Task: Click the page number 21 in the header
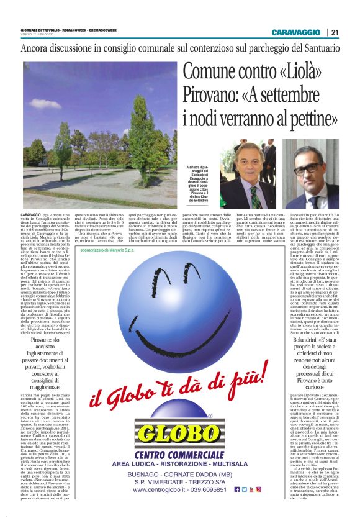click(x=335, y=32)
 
